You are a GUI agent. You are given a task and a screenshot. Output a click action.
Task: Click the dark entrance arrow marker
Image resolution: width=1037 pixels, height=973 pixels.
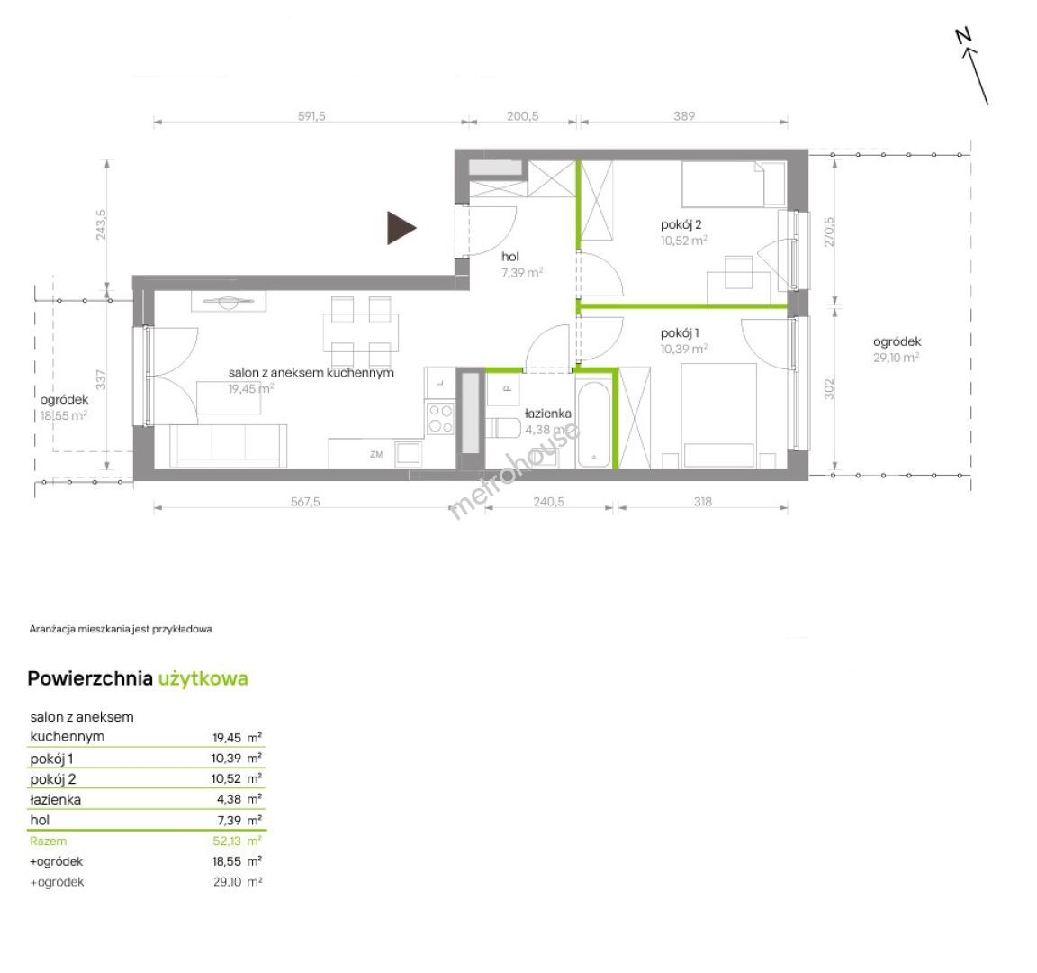tap(400, 228)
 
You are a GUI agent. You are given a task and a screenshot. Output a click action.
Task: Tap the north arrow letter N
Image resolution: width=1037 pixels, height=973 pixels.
tap(964, 36)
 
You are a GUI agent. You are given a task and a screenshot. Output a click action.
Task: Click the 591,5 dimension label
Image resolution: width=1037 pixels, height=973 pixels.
tap(311, 116)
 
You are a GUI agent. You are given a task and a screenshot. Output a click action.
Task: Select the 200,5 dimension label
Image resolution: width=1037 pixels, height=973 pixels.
tap(522, 116)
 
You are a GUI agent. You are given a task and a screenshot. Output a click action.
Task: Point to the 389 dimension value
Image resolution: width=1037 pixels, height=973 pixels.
tap(684, 116)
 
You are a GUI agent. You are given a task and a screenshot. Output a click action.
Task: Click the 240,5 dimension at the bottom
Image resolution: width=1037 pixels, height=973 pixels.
tap(549, 502)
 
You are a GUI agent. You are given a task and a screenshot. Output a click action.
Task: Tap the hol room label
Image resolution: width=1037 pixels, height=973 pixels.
tap(509, 257)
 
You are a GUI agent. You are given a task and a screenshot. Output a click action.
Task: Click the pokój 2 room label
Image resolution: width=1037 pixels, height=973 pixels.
tap(681, 225)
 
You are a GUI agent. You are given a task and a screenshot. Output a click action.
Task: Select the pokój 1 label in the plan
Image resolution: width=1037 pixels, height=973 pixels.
tap(680, 333)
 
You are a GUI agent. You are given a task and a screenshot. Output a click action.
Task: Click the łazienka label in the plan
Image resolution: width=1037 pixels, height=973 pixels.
tap(547, 414)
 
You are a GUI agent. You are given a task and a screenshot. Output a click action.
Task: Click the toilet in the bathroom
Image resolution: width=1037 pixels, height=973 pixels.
tap(504, 428)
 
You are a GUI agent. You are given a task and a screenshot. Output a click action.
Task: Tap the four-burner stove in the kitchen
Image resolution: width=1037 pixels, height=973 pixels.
tap(440, 418)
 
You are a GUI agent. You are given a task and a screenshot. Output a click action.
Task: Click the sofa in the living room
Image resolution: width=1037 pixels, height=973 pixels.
tap(228, 445)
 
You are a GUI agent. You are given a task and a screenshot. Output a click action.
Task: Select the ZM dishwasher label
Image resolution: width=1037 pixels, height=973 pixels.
tap(376, 454)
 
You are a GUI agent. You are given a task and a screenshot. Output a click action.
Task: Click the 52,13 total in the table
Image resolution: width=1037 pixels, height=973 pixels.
tap(227, 841)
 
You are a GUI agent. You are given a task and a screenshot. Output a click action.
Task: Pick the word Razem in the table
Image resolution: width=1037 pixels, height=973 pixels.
tap(49, 841)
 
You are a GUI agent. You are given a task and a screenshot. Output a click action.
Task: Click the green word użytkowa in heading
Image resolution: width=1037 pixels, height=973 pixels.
tap(203, 678)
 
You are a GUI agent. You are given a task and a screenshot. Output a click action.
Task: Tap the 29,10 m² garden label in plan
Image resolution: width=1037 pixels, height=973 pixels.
tap(897, 358)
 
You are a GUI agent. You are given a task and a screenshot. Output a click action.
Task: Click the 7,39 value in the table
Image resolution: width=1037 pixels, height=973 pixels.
tap(230, 820)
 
